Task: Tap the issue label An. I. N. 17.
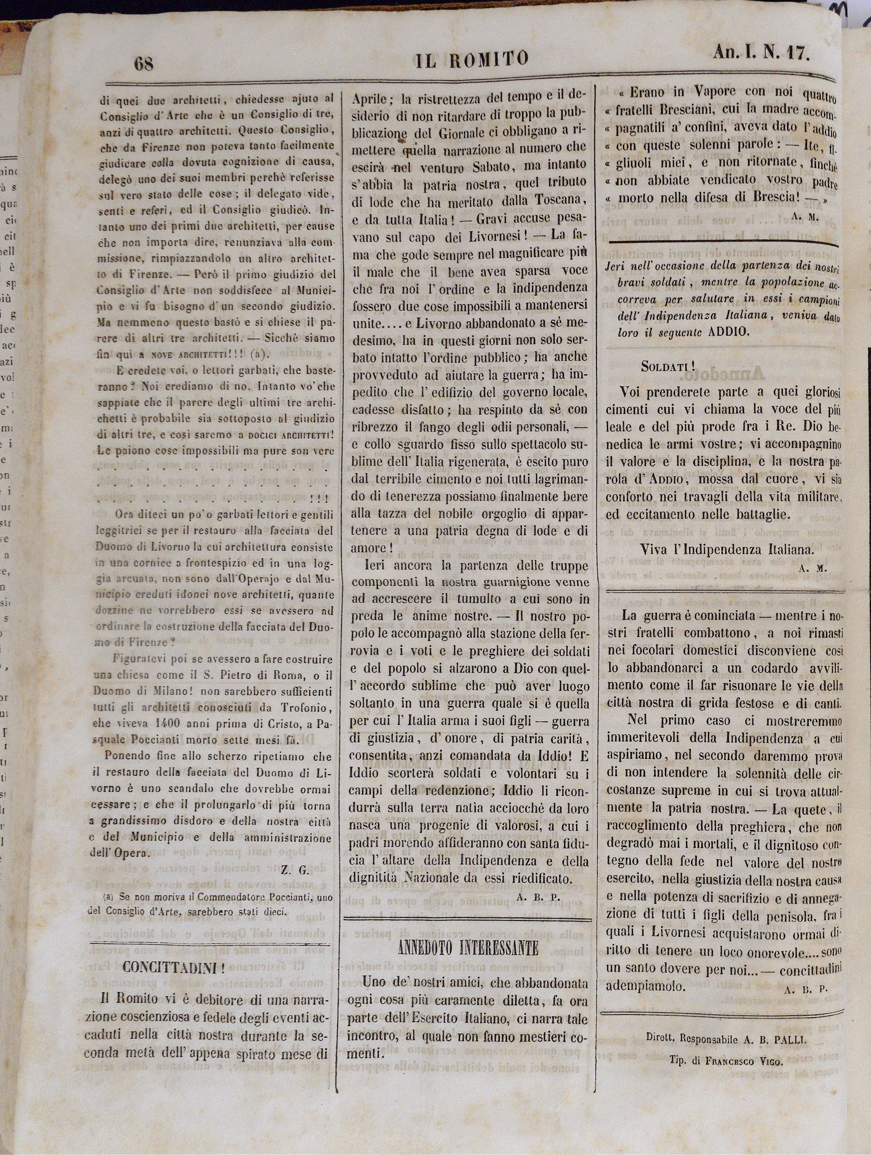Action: [x=761, y=53]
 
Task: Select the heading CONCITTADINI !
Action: [x=173, y=967]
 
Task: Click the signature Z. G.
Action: [x=295, y=870]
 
